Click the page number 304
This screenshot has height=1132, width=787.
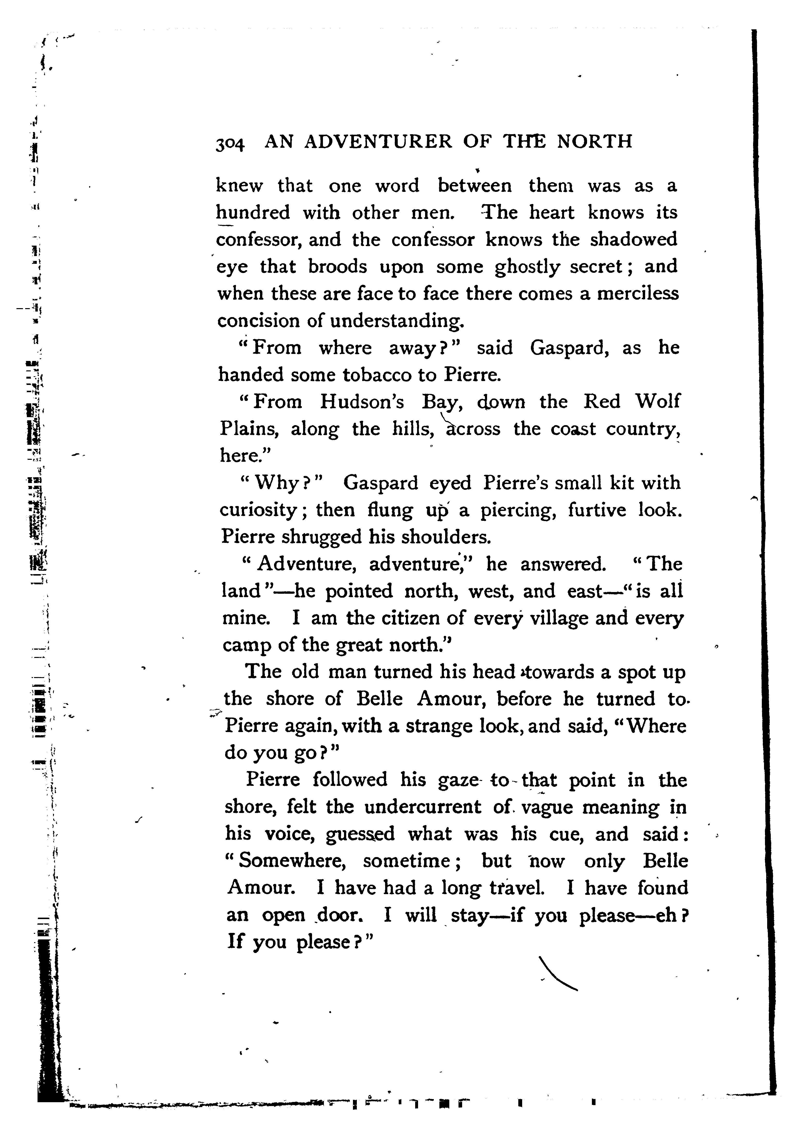click(x=230, y=143)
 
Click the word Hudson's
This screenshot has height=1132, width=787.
click(x=362, y=402)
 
